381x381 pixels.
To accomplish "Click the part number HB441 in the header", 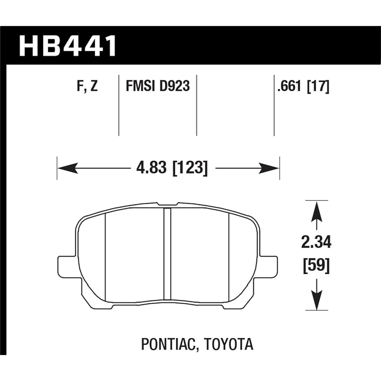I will point(67,46).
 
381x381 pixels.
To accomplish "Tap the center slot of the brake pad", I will point(167,253).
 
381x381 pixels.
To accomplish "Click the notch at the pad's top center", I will point(167,205).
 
